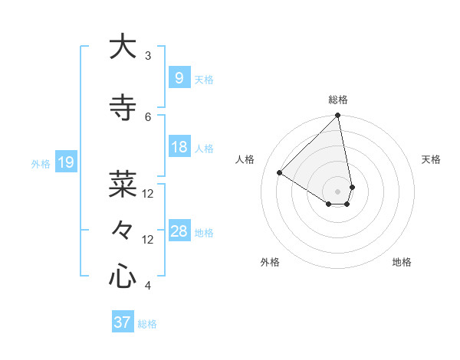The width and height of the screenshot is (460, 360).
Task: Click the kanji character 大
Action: click(123, 47)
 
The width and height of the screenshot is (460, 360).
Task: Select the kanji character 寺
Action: click(123, 108)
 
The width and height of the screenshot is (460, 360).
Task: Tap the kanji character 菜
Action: click(123, 185)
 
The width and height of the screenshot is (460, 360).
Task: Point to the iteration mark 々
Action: click(123, 230)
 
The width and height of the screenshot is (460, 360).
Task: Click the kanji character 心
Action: click(123, 277)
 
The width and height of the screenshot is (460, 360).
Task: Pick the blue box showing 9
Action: click(179, 77)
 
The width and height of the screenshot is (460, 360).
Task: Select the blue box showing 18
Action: click(179, 147)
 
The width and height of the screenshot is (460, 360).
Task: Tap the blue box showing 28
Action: click(179, 231)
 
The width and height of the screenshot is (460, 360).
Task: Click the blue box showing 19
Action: click(65, 162)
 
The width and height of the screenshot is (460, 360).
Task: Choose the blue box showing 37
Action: click(122, 322)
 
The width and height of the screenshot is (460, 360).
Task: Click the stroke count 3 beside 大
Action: click(148, 56)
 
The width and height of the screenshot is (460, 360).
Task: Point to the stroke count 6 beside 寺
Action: click(148, 117)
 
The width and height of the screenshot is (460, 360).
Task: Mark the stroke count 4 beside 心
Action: click(148, 286)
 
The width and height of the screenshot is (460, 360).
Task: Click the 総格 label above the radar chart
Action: click(337, 100)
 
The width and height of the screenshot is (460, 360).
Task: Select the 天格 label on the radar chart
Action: click(431, 159)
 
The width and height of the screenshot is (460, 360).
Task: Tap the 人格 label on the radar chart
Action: click(245, 159)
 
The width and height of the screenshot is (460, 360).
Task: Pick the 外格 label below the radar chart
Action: click(270, 262)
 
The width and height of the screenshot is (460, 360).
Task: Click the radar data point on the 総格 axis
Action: click(337, 116)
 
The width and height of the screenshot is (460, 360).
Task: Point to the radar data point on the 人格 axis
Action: click(280, 172)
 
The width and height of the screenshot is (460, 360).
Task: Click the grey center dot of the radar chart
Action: click(337, 191)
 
